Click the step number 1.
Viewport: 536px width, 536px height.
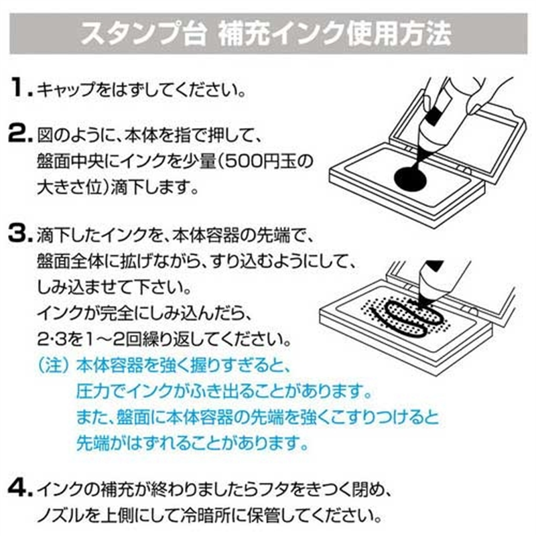19,87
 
